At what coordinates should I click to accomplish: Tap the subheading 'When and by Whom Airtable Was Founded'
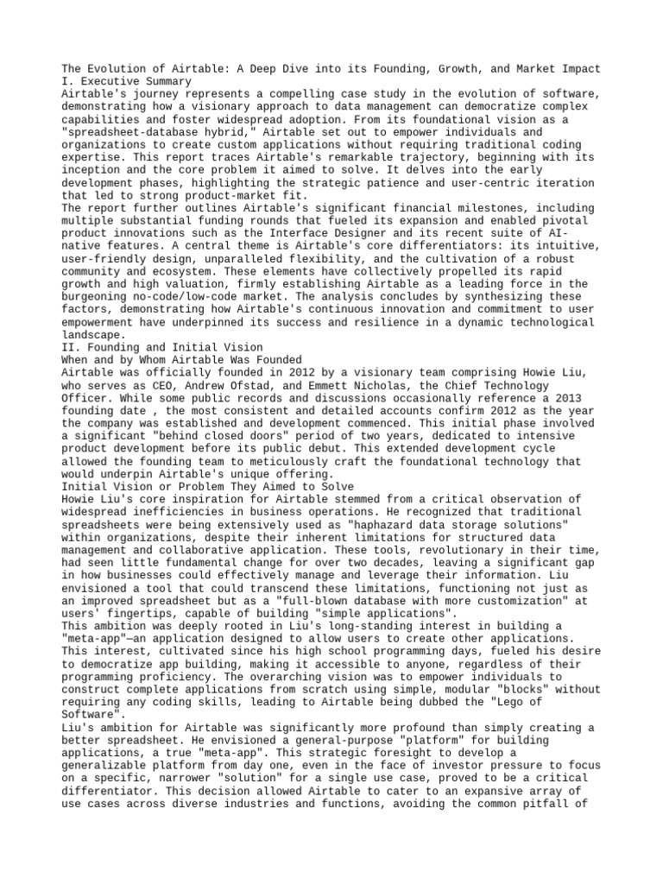pyautogui.click(x=181, y=359)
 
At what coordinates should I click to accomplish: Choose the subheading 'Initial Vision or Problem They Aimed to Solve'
pyautogui.click(x=207, y=486)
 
